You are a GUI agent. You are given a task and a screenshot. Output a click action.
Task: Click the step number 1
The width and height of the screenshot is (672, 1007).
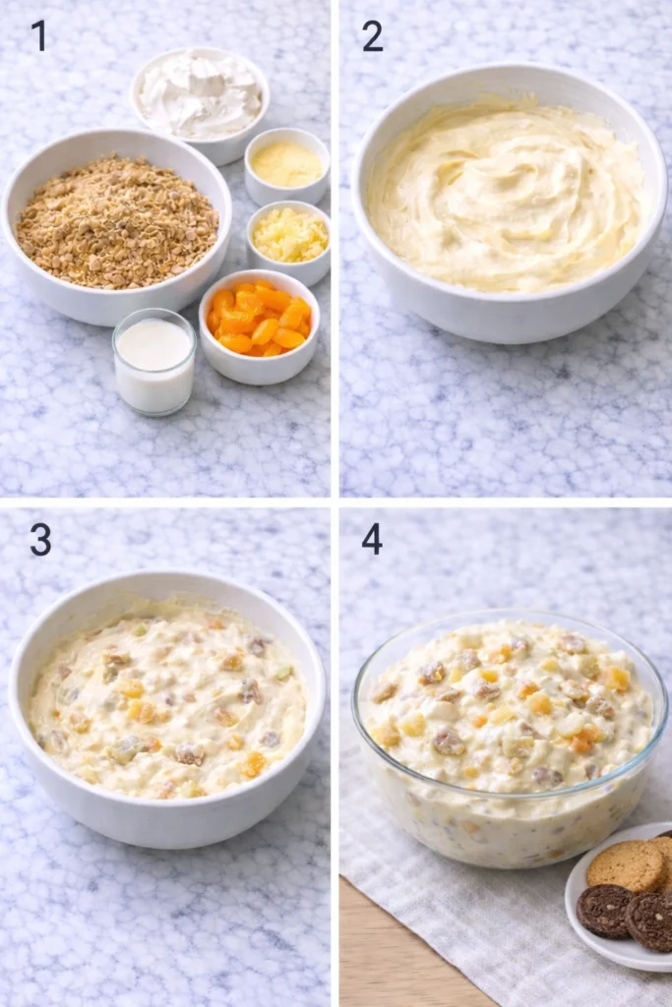click(x=39, y=35)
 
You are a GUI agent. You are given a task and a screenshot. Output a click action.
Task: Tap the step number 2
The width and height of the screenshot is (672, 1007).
click(x=372, y=35)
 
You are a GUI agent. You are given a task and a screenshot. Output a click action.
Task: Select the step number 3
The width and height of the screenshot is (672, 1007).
click(x=39, y=539)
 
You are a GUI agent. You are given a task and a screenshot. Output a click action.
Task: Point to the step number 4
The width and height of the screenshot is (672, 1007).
click(x=372, y=539)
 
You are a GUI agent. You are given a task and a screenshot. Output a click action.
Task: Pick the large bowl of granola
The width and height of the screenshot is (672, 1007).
click(x=116, y=221)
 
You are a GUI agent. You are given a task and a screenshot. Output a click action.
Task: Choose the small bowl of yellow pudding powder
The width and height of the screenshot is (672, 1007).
click(x=286, y=163)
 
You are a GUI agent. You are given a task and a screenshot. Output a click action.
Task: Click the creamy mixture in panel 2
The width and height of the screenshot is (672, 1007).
click(x=508, y=197)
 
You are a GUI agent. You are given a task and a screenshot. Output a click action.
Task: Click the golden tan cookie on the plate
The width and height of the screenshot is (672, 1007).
click(x=626, y=865)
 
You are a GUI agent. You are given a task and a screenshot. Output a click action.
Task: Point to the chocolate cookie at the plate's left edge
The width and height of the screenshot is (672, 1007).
click(x=602, y=911)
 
